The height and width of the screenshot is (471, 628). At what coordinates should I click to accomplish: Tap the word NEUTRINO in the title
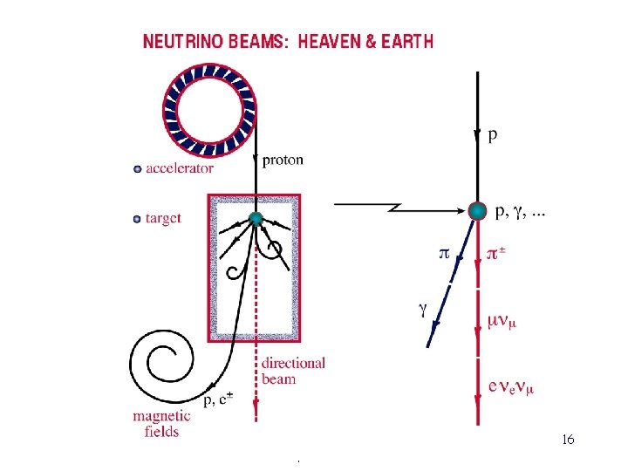tap(181, 41)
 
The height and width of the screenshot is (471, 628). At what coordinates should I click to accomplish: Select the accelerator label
tap(180, 168)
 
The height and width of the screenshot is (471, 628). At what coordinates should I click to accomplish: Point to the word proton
tap(283, 159)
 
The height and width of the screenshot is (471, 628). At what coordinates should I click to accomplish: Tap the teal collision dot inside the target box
tap(255, 219)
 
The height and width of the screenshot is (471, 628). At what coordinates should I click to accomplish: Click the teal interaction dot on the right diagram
tap(477, 210)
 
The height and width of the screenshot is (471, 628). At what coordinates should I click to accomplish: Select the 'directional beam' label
tap(292, 371)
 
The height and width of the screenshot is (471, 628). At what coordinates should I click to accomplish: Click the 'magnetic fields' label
tap(157, 424)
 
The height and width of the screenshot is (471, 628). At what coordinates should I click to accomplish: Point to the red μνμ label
tap(502, 322)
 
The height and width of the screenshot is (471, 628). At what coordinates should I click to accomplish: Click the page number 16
tap(568, 440)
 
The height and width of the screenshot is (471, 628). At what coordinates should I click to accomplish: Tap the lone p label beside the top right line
tap(494, 134)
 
